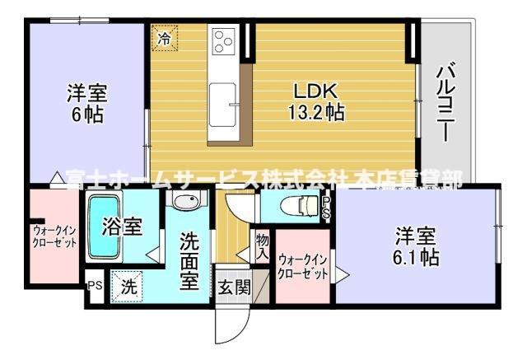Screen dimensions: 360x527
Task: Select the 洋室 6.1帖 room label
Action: point(414,246)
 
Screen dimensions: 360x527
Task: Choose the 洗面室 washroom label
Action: point(189,258)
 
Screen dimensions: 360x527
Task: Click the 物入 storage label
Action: point(262,246)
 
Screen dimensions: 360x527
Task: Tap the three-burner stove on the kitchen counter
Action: point(224,40)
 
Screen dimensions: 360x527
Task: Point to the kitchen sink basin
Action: point(223,104)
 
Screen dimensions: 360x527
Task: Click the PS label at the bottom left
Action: point(95,287)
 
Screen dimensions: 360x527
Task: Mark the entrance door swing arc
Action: point(229,330)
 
